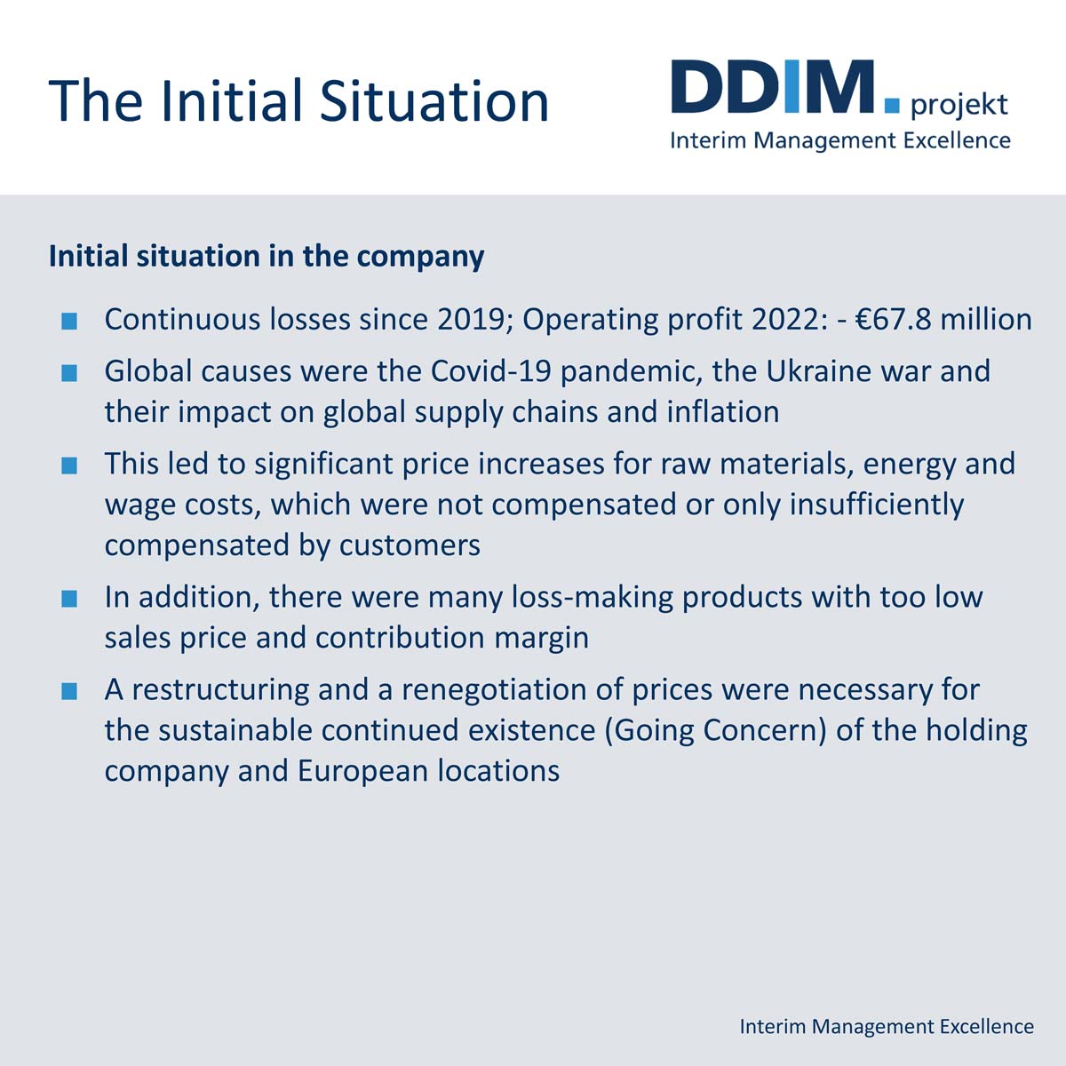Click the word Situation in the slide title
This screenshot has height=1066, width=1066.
click(x=434, y=99)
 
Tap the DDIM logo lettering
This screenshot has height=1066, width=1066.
click(x=772, y=87)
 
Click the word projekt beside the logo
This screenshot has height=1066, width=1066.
click(x=959, y=106)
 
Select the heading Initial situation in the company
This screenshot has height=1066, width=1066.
click(x=266, y=256)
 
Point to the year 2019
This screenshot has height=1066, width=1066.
click(x=470, y=319)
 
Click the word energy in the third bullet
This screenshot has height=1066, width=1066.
click(x=908, y=463)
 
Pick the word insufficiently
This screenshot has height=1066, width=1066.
click(x=876, y=504)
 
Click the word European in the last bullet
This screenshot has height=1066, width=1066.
click(x=362, y=770)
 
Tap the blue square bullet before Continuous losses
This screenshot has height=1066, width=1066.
click(x=70, y=320)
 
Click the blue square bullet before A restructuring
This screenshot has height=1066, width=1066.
click(x=70, y=689)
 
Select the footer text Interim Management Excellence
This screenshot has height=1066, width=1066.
click(x=887, y=1026)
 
